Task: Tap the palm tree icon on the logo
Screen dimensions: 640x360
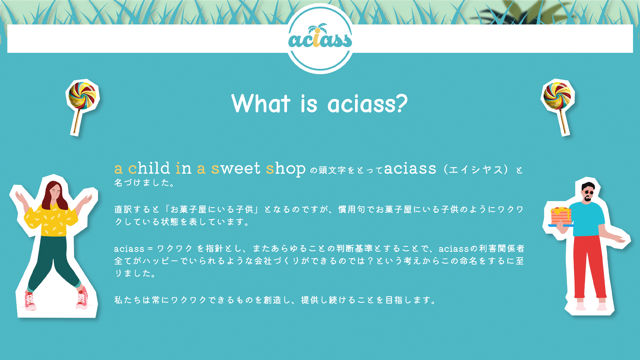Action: click(x=318, y=28)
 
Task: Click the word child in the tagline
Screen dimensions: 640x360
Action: click(x=149, y=168)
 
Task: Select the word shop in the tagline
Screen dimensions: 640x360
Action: click(x=286, y=169)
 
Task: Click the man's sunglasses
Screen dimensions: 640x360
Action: click(x=589, y=192)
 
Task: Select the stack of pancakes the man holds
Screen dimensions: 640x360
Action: click(x=561, y=216)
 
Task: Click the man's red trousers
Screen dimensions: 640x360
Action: click(x=589, y=267)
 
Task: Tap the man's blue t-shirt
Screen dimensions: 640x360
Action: click(x=588, y=219)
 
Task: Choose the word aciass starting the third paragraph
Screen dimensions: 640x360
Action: click(x=129, y=249)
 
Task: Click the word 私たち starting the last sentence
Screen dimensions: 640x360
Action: click(x=128, y=300)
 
